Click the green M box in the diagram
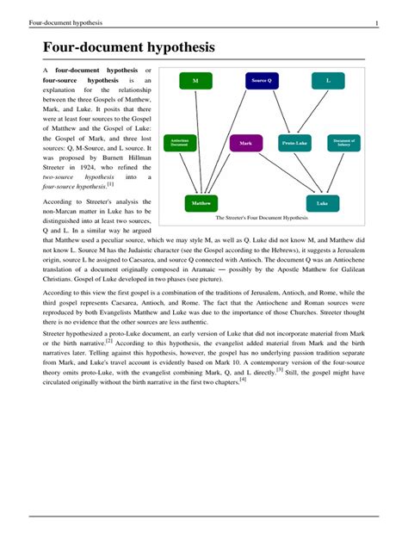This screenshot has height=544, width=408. tap(195, 80)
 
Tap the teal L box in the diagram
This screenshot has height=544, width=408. tap(328, 80)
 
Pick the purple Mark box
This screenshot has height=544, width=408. tap(246, 143)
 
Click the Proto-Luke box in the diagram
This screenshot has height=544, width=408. tap(295, 144)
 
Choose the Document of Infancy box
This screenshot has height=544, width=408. tap(344, 142)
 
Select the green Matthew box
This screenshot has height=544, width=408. tap(201, 204)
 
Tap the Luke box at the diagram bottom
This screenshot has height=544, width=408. tap(322, 204)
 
